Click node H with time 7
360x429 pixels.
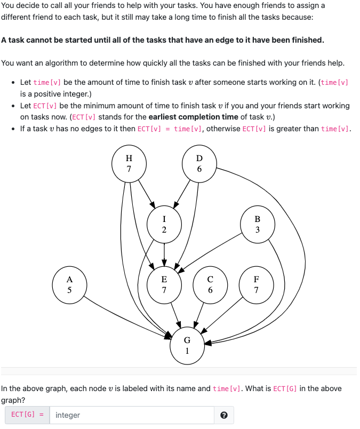tap(129, 163)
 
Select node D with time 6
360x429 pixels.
tap(199, 163)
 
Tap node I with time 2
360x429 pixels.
tap(164, 225)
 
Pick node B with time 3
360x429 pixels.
tap(258, 225)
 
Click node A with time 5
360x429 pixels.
tap(69, 285)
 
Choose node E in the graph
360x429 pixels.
tap(164, 285)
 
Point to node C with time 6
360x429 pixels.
tap(210, 285)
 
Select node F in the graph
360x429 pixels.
tap(257, 285)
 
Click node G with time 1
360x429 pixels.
tap(187, 345)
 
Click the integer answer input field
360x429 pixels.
tap(133, 415)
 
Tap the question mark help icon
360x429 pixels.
tap(224, 415)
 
